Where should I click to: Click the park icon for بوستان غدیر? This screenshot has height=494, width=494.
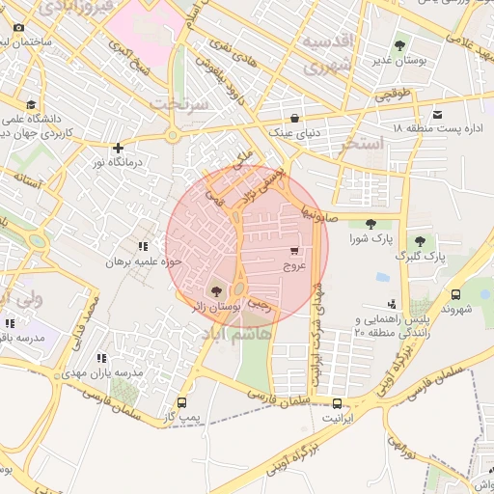point(399,44)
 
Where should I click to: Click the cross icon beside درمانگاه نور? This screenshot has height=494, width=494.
point(118,149)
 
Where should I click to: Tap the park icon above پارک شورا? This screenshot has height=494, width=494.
point(370,224)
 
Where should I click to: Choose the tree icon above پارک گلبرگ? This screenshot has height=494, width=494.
point(419,241)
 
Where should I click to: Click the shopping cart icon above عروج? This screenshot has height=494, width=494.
point(293,250)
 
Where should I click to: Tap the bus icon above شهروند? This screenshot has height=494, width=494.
point(454,294)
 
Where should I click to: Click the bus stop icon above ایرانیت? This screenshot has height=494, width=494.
point(337,403)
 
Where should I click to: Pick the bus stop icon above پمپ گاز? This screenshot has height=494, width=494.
point(181,402)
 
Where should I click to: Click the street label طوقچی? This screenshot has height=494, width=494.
point(392,96)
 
